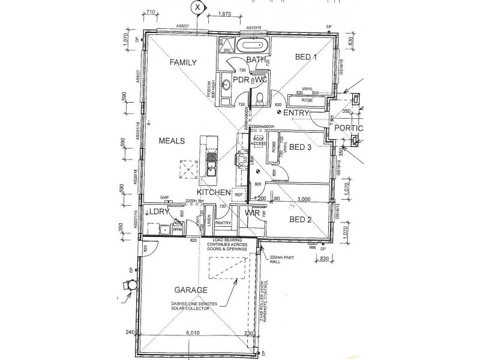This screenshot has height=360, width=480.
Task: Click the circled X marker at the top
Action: pos(197,7)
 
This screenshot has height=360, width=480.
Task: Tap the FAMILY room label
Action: pos(184,62)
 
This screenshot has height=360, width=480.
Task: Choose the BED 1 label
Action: pos(306,57)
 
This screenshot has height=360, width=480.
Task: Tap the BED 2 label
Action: pos(301,219)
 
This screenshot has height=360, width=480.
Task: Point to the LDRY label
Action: pos(157,212)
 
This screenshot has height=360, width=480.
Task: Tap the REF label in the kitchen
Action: pos(238,194)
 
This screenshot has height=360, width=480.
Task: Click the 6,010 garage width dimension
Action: pos(193,333)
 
